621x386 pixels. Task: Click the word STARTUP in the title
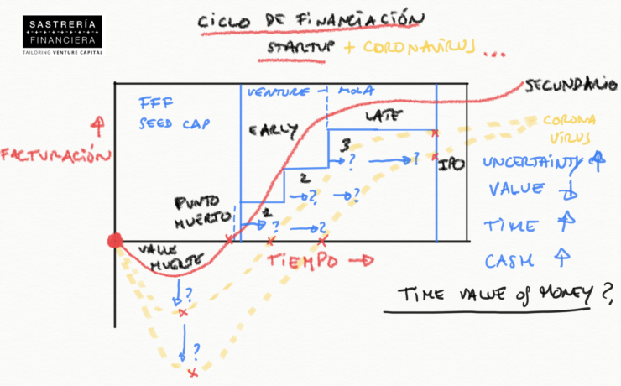299,48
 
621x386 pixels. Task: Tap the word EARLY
273,130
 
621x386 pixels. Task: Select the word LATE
384,118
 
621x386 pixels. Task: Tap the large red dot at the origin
116,242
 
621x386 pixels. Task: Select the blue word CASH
509,260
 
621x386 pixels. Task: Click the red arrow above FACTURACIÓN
98,127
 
